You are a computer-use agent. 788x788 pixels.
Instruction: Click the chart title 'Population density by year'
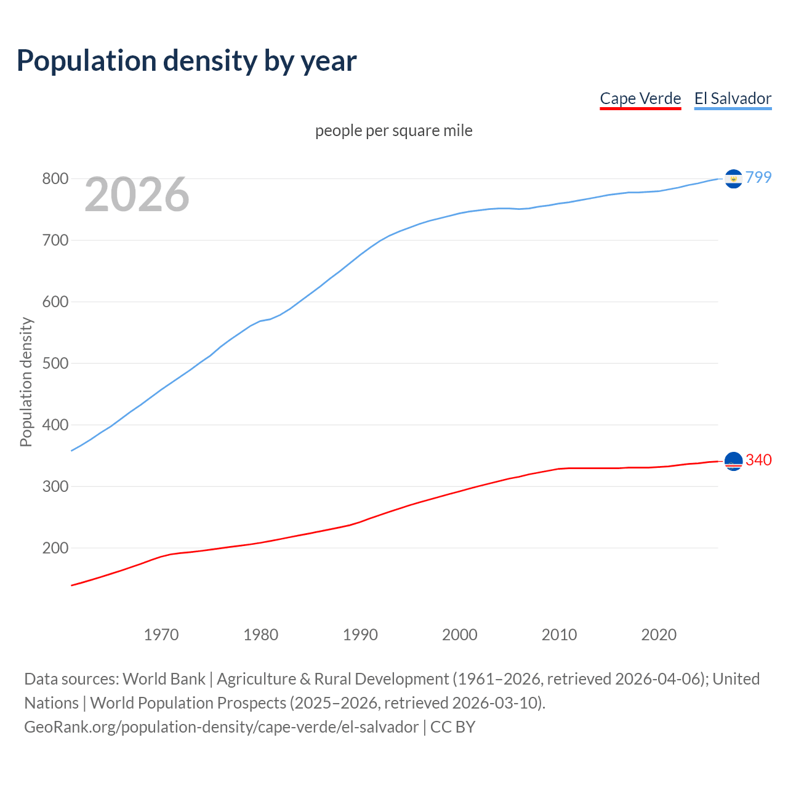click(x=187, y=60)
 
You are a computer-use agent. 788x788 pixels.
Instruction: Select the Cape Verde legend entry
click(x=640, y=98)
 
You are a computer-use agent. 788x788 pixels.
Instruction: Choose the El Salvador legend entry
click(x=733, y=98)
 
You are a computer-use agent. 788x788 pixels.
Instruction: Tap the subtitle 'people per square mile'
click(x=393, y=131)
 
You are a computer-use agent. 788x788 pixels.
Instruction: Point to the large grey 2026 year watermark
click(x=137, y=195)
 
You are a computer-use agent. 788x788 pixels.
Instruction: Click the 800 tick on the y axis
click(x=55, y=179)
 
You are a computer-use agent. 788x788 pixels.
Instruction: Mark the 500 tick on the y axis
click(x=55, y=363)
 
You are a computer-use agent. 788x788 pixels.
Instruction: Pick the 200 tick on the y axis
click(x=55, y=548)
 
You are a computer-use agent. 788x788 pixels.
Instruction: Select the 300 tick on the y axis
click(x=55, y=486)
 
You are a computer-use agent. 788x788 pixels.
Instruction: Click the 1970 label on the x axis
click(x=161, y=635)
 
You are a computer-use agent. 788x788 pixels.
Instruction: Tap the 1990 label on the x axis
click(x=360, y=635)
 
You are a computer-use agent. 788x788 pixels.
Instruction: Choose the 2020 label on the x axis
click(x=659, y=635)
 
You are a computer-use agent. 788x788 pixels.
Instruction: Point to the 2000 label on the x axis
click(x=460, y=635)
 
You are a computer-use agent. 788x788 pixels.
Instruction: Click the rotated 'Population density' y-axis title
click(x=26, y=382)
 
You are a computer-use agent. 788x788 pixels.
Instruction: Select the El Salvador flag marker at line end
click(x=733, y=179)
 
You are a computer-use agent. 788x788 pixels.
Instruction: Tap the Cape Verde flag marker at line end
click(x=733, y=461)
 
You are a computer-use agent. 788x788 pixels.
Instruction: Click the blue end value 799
click(x=758, y=177)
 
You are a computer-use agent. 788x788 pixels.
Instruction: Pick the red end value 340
click(x=758, y=460)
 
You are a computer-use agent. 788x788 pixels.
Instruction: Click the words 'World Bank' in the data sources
click(x=164, y=678)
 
